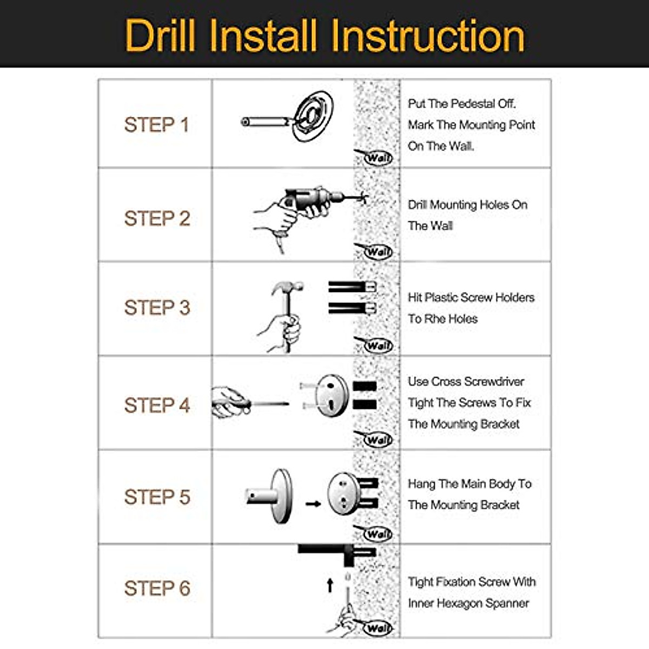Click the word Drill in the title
pos(160,35)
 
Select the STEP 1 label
pos(157,125)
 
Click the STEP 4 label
pos(157,405)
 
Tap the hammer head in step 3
pos(287,287)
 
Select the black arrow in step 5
pos(313,504)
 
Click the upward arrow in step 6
pos(330,585)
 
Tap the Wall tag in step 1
pos(378,157)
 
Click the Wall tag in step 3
pos(378,345)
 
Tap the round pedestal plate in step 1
pos(313,116)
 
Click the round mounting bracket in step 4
pos(332,395)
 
